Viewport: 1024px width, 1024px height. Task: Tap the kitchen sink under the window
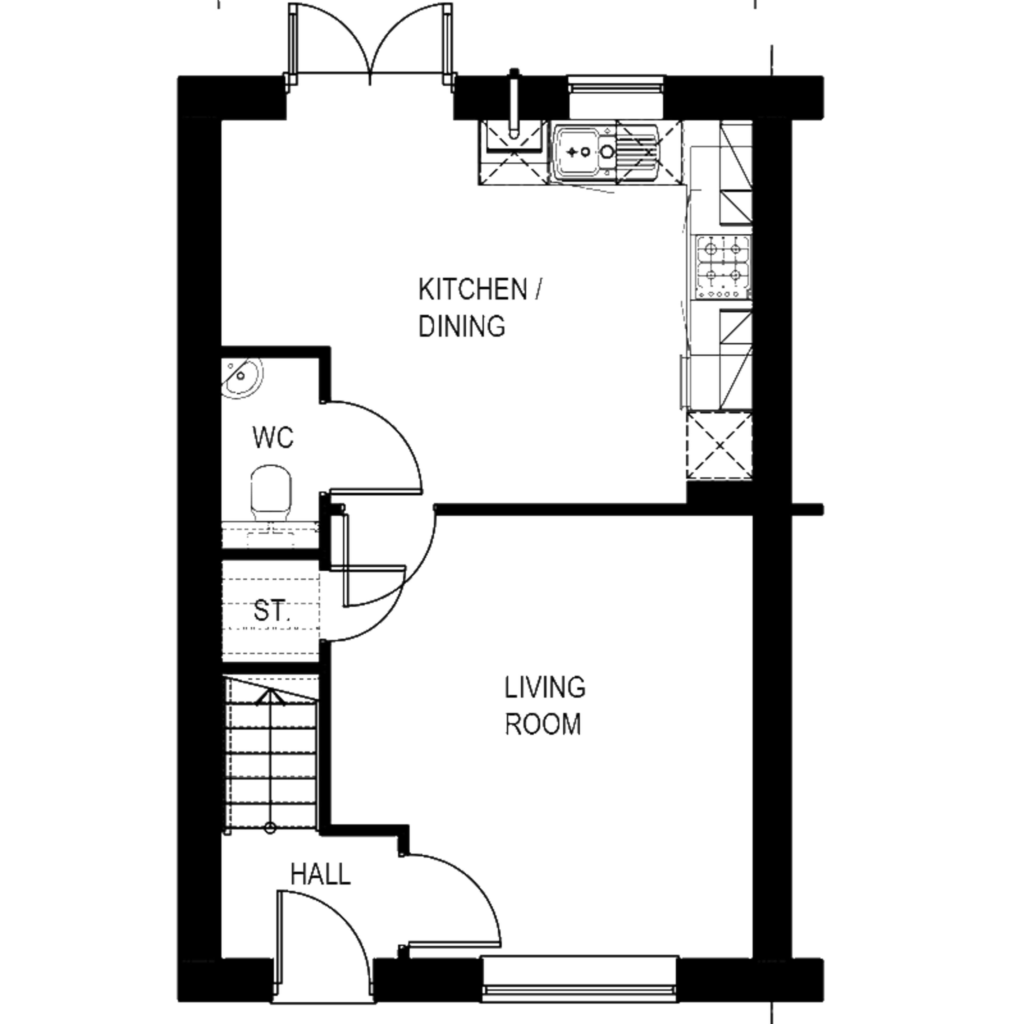[x=605, y=152]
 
